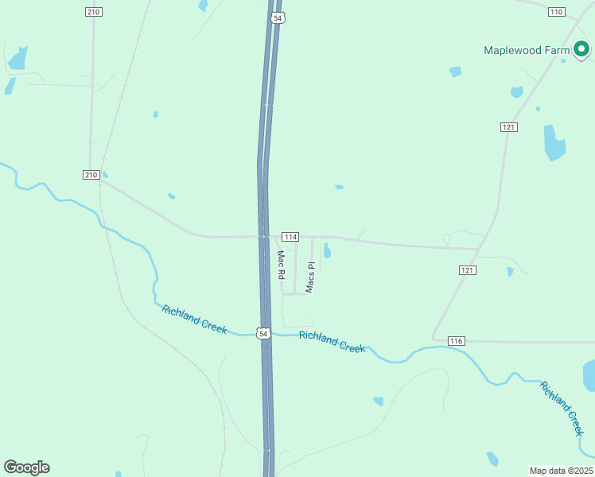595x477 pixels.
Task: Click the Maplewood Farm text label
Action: click(527, 50)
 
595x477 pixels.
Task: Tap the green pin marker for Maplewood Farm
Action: click(581, 50)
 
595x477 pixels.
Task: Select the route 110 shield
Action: click(556, 11)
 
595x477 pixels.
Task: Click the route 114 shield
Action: click(290, 237)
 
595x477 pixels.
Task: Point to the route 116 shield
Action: click(456, 340)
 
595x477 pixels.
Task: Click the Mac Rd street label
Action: click(281, 265)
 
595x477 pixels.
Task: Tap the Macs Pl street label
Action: click(311, 277)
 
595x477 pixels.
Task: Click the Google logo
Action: click(26, 467)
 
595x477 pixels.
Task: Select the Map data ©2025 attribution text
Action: click(561, 471)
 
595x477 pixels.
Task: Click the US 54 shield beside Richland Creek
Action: click(263, 334)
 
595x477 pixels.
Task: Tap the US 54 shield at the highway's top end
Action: click(277, 17)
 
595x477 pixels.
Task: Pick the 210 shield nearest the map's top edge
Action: click(94, 11)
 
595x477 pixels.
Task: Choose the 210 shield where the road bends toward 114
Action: click(91, 175)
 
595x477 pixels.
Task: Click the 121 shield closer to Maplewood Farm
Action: click(510, 127)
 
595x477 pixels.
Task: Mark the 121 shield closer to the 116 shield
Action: click(468, 270)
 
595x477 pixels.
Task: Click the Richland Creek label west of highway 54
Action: click(194, 319)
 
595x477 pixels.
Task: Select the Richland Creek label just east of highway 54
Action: click(332, 341)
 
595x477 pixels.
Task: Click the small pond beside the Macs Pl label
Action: click(327, 251)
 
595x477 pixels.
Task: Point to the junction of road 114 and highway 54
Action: click(262, 236)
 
